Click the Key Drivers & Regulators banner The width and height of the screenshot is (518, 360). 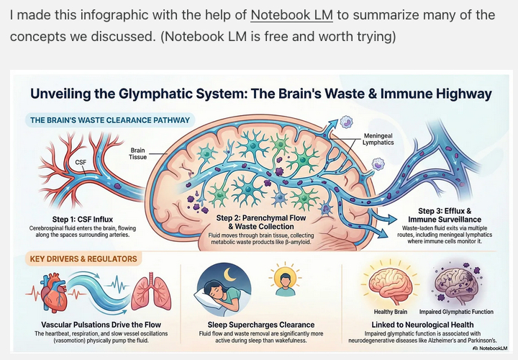pos(83,258)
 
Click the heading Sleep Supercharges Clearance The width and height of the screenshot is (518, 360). pos(255,325)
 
